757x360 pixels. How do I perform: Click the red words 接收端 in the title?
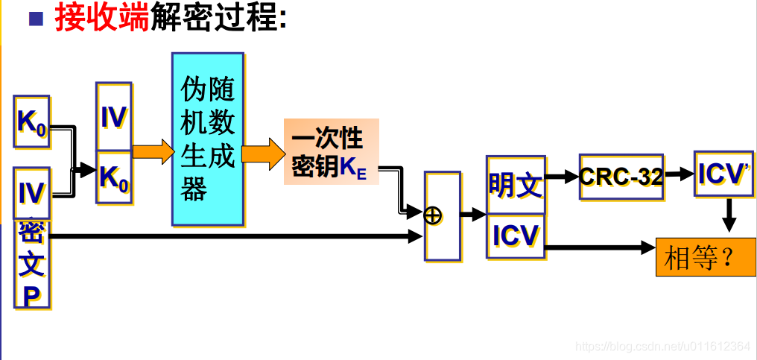point(101,18)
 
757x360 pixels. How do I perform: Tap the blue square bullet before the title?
point(36,18)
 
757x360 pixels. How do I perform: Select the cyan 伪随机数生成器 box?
point(207,139)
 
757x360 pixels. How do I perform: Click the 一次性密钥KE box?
point(331,151)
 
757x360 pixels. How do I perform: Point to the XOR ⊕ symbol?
point(433,215)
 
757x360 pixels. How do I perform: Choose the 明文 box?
point(515,185)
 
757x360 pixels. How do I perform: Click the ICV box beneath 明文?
point(515,235)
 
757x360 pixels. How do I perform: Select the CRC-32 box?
point(621,177)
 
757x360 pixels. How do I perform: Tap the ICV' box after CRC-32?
point(723,174)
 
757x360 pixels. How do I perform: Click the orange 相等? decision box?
point(705,257)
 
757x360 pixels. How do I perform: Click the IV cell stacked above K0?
point(114,117)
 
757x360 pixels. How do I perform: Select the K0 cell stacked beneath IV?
point(114,177)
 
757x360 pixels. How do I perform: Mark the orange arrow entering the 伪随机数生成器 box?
point(152,151)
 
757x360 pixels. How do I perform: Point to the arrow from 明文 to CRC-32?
point(562,177)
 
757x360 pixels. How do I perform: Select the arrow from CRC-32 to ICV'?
point(679,174)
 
